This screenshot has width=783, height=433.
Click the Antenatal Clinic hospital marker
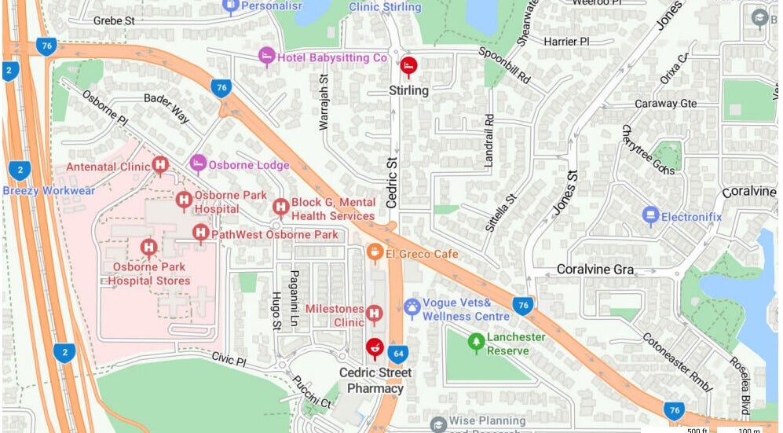click(161, 165)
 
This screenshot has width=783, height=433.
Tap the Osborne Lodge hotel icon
click(198, 163)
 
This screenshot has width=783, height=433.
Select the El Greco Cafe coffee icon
click(375, 252)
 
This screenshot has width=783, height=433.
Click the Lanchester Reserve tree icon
click(475, 341)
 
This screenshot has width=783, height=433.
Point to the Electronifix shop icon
click(650, 215)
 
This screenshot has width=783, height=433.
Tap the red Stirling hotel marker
click(408, 66)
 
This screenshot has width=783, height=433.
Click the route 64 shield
click(398, 353)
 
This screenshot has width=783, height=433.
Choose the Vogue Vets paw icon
click(412, 307)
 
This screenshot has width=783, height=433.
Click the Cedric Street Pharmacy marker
click(375, 347)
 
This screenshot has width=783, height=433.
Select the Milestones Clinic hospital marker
click(374, 314)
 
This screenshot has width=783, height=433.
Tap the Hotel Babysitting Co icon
click(267, 57)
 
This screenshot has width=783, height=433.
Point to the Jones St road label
click(565, 193)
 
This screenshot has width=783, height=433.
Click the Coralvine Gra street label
click(595, 269)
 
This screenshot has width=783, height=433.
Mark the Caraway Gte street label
click(665, 103)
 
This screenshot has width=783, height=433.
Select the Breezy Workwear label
click(49, 190)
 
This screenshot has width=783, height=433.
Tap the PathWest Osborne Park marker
click(201, 233)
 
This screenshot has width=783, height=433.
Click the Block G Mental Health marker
click(280, 207)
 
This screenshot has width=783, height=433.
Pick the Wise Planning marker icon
click(438, 424)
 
